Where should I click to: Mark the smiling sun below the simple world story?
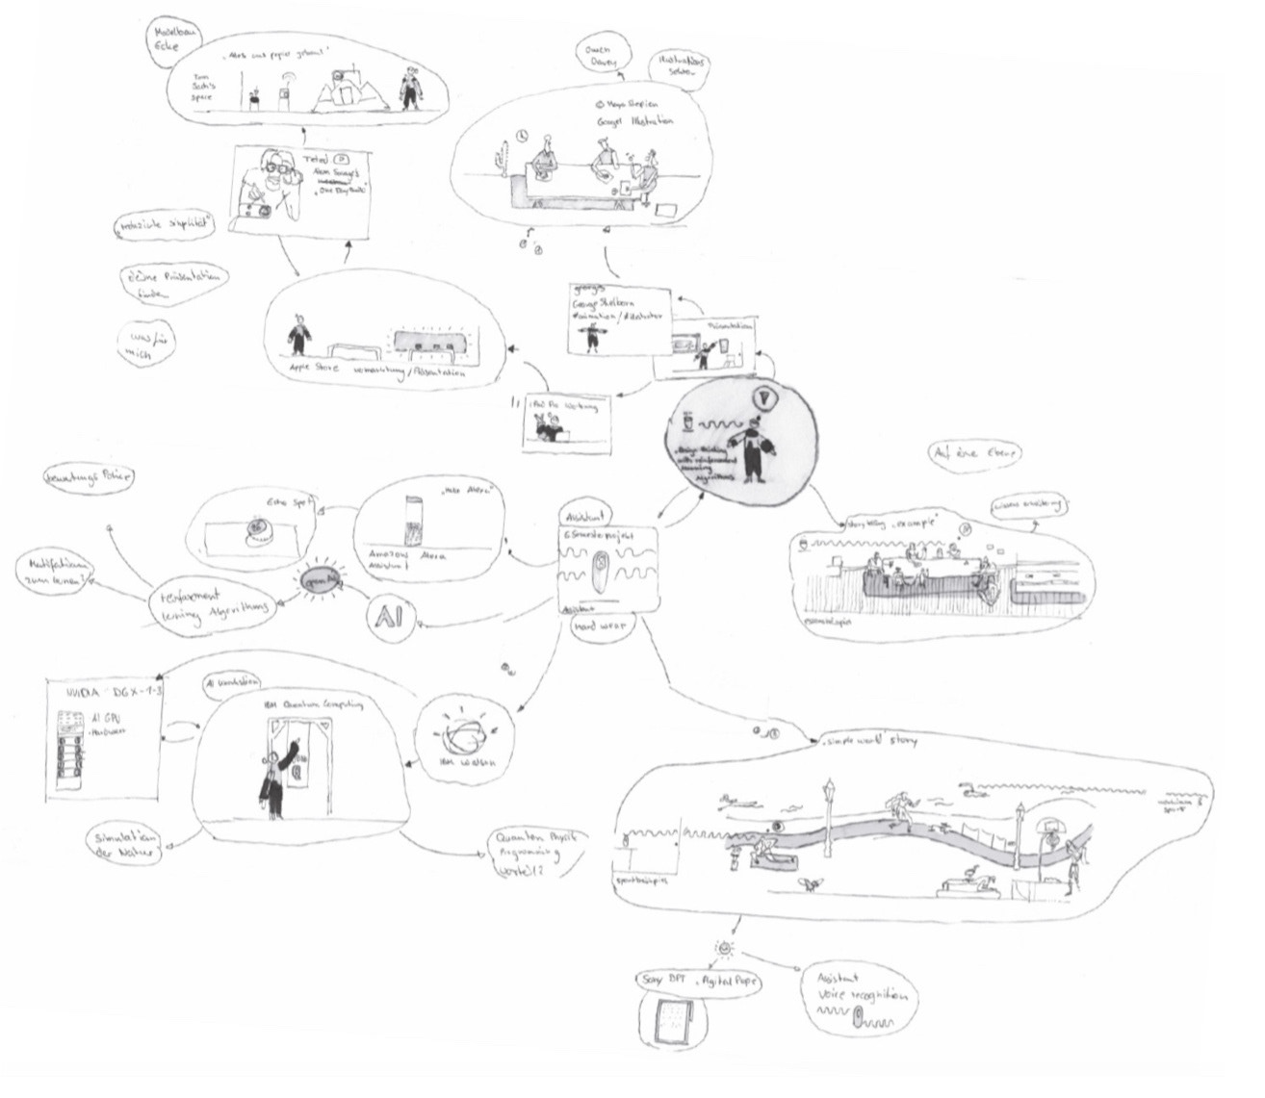tap(723, 950)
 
